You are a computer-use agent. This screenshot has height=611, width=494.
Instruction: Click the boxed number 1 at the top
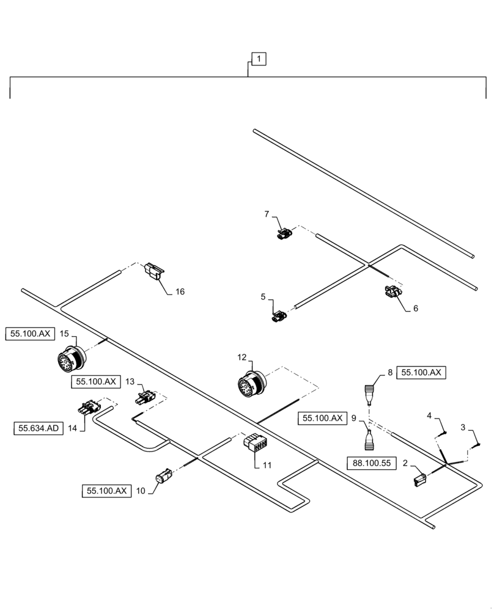point(259,59)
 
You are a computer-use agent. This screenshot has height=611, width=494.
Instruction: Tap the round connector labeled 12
point(249,384)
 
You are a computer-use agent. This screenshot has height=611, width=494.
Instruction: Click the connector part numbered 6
point(391,293)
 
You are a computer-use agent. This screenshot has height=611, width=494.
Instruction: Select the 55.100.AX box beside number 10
point(106,491)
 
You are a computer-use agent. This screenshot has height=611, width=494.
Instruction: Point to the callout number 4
point(429,416)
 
